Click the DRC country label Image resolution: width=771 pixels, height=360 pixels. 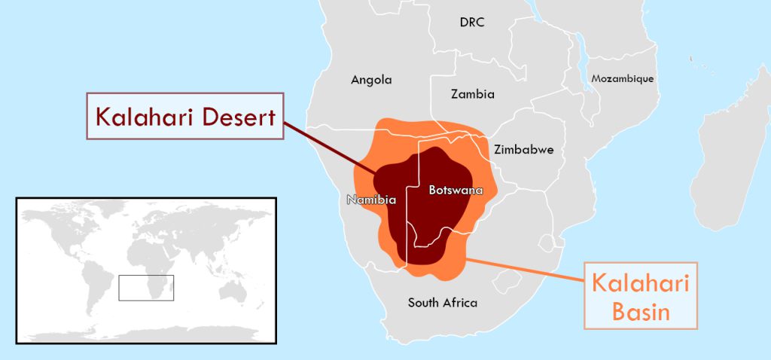pos(472,23)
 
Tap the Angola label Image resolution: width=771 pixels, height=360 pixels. pos(371,79)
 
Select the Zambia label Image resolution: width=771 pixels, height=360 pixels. pos(473,94)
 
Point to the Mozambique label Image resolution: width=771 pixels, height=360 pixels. pos(622,78)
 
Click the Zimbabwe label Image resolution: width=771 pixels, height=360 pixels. pos(523,149)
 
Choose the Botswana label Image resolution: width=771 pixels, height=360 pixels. pos(455,190)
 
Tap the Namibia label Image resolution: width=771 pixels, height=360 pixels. pos(371,200)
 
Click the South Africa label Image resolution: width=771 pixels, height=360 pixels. pos(443,303)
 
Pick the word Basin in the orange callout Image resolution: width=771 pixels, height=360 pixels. pos(641,311)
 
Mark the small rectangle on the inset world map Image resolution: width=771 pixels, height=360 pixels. pos(146,287)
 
